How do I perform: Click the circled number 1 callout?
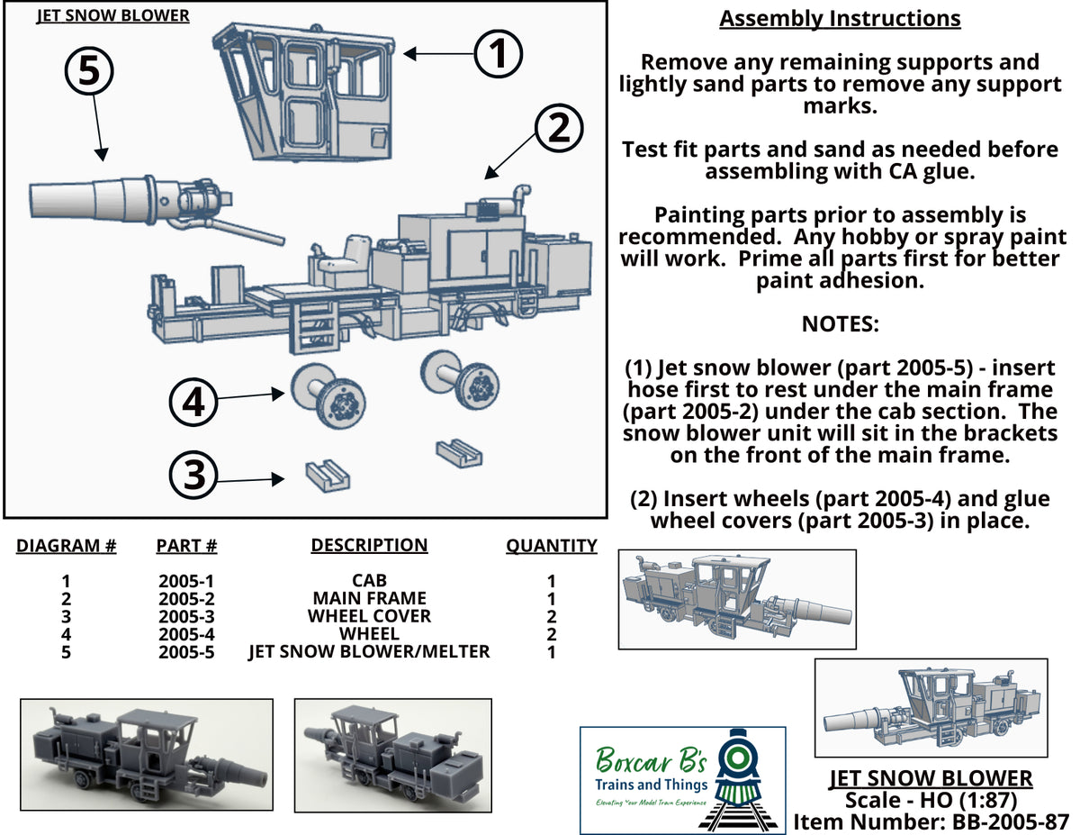(x=498, y=54)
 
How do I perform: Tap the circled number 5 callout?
(x=89, y=71)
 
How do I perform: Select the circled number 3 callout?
(x=193, y=475)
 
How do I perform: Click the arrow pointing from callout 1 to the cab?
(x=438, y=54)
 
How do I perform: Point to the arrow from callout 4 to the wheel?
(x=251, y=395)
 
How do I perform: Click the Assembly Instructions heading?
(x=840, y=19)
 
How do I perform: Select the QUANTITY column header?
(x=551, y=546)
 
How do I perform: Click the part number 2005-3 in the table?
(x=186, y=617)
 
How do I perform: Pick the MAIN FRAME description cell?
(x=369, y=598)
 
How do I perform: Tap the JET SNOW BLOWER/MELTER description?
(x=369, y=651)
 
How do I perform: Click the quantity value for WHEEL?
(x=551, y=634)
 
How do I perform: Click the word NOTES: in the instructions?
(x=840, y=324)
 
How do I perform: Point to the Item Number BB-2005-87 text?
(x=931, y=822)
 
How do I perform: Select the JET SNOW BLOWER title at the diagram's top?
(x=112, y=15)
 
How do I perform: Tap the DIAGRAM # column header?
(x=66, y=546)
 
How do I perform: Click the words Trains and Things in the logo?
(x=651, y=785)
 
